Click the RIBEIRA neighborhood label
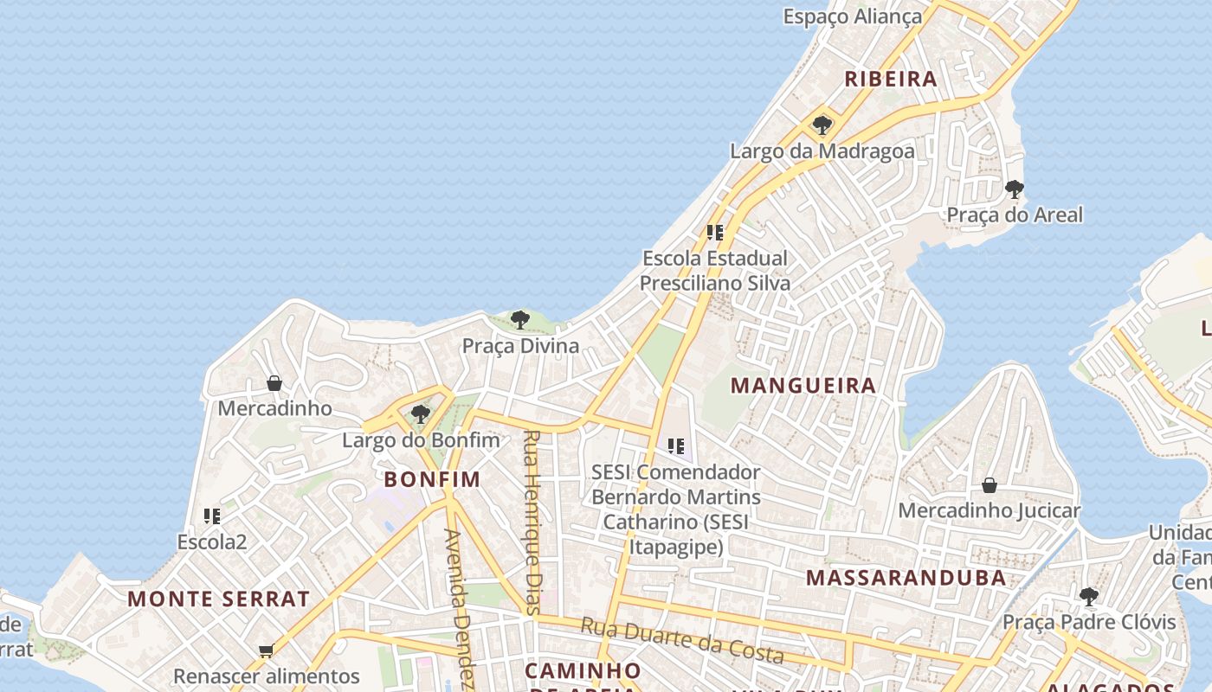point(891,79)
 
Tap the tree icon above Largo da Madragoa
point(822,125)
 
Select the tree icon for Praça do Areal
point(1015,189)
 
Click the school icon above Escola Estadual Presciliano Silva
point(715,233)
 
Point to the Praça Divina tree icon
point(520,320)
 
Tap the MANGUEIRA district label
point(804,386)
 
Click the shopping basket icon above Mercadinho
point(274,382)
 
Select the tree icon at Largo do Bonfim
point(421,414)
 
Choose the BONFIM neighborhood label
point(432,479)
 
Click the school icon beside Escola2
point(212,516)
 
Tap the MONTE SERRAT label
point(218,599)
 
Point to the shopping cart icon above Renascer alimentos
point(266,650)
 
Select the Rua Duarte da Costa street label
point(681,640)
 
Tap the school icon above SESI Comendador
point(676,446)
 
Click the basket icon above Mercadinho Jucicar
point(989,485)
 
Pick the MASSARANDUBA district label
point(906,578)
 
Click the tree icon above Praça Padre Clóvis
point(1089,596)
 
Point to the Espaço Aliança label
point(853,16)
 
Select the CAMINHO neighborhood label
point(583,670)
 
